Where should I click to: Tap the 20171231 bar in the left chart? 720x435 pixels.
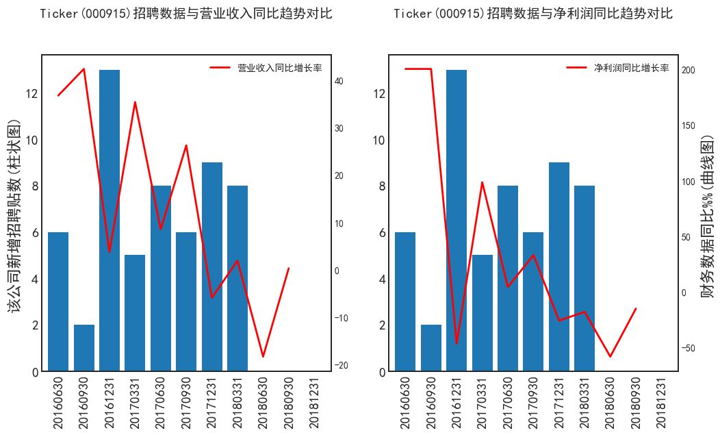click(x=212, y=267)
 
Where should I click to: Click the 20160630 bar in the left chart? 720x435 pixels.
click(x=58, y=301)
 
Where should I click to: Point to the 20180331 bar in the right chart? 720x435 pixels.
click(x=584, y=278)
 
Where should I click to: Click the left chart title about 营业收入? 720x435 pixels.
click(x=186, y=14)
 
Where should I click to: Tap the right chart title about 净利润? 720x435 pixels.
click(x=533, y=14)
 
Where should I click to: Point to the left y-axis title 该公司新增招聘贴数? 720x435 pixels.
click(x=14, y=216)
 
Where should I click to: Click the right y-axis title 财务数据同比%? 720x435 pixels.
click(x=709, y=216)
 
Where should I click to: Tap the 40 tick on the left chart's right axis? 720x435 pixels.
click(x=339, y=81)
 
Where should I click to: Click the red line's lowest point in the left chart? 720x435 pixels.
click(x=263, y=357)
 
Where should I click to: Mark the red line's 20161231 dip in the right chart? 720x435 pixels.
click(x=457, y=344)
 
